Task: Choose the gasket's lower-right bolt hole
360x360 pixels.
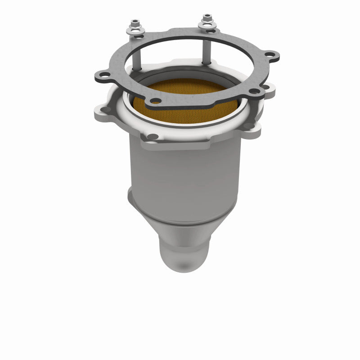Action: point(255,91)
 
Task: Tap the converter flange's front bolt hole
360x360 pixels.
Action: point(153,136)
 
